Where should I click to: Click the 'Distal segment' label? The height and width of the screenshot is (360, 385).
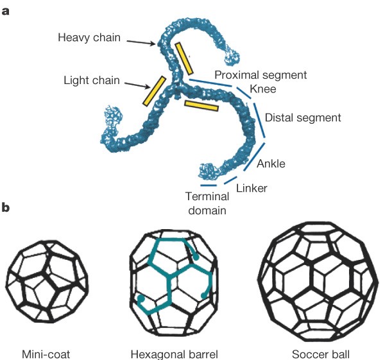303,118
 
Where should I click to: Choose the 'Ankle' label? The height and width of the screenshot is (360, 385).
271,164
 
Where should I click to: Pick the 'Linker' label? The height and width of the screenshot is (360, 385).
251,188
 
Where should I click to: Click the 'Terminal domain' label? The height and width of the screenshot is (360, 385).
207,203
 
